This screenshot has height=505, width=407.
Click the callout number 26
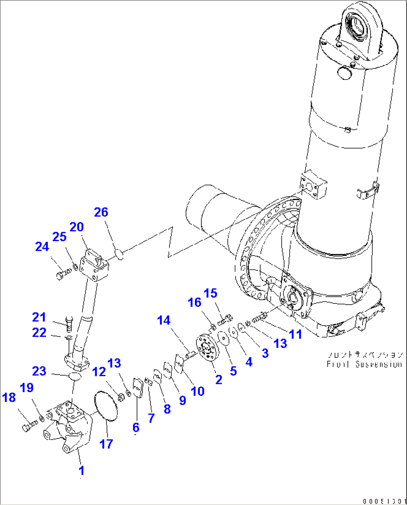pos(101,212)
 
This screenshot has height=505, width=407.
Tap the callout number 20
pos(77,227)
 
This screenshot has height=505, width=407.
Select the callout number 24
pos(42,247)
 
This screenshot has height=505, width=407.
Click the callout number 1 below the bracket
pos(81,470)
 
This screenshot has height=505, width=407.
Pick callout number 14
pos(164,320)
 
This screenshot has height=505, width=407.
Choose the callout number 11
pos(296,334)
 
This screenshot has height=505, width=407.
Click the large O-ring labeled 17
pos(106,406)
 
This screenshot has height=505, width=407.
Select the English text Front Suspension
pos(364,364)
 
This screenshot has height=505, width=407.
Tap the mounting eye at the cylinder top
pos(360,28)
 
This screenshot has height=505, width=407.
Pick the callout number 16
pos(195,302)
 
